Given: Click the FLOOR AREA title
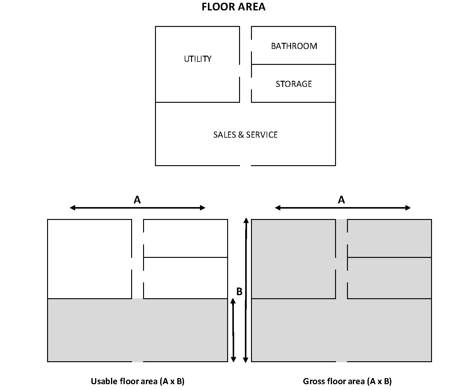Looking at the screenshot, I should [233, 7].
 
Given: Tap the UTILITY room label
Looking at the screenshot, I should [197, 59].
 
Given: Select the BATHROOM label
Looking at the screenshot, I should [294, 46].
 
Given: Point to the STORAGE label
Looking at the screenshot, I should [293, 84].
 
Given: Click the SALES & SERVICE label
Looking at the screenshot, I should [245, 135].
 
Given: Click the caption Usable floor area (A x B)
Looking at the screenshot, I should [138, 381].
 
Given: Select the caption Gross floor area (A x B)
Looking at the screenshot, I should [347, 381].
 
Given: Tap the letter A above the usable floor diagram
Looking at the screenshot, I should [137, 200].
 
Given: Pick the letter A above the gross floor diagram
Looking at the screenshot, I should [341, 200].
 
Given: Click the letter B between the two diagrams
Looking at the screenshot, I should [239, 292].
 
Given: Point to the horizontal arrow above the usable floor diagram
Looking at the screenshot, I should [137, 208].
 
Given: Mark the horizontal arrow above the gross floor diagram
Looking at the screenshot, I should [342, 208].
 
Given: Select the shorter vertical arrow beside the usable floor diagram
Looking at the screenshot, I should [233, 330].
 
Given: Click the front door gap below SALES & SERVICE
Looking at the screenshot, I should [245, 165].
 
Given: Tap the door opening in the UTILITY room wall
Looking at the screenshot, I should [239, 71].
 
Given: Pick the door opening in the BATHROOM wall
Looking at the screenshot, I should [251, 46].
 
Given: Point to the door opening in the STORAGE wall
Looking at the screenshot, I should [251, 83].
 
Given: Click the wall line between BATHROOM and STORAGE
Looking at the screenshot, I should [293, 64].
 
